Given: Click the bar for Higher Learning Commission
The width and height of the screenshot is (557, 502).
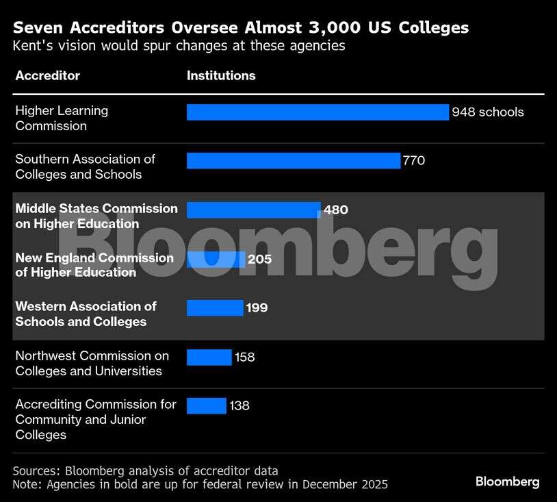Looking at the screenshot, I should [x=318, y=112].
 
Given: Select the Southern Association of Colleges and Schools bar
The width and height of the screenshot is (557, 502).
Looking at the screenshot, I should [x=293, y=161].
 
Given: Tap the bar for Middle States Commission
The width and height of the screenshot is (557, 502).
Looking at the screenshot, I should [x=253, y=210].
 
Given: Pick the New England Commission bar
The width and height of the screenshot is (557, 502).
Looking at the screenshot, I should [x=216, y=260].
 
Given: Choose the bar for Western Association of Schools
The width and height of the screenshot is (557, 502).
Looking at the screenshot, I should [x=215, y=308].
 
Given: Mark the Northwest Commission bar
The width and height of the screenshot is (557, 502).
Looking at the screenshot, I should [x=209, y=357].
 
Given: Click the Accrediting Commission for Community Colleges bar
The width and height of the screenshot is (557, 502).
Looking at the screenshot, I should [x=206, y=406].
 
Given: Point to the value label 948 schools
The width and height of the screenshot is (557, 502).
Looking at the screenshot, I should [x=488, y=112].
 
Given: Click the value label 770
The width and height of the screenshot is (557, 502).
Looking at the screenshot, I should [x=414, y=161].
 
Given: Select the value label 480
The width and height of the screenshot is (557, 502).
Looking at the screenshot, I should [x=335, y=210].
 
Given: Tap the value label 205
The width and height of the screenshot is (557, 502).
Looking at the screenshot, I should [x=260, y=260].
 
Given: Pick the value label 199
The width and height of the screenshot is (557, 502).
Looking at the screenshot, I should [x=257, y=308].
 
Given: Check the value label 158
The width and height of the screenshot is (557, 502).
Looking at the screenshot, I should [x=244, y=357].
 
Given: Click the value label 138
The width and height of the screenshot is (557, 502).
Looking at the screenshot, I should [x=239, y=406].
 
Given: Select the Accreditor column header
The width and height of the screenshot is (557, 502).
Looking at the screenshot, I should [x=47, y=76].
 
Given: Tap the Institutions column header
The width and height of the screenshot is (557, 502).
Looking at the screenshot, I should [x=221, y=76].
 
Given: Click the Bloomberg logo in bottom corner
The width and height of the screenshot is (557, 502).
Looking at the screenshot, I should [x=507, y=482].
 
